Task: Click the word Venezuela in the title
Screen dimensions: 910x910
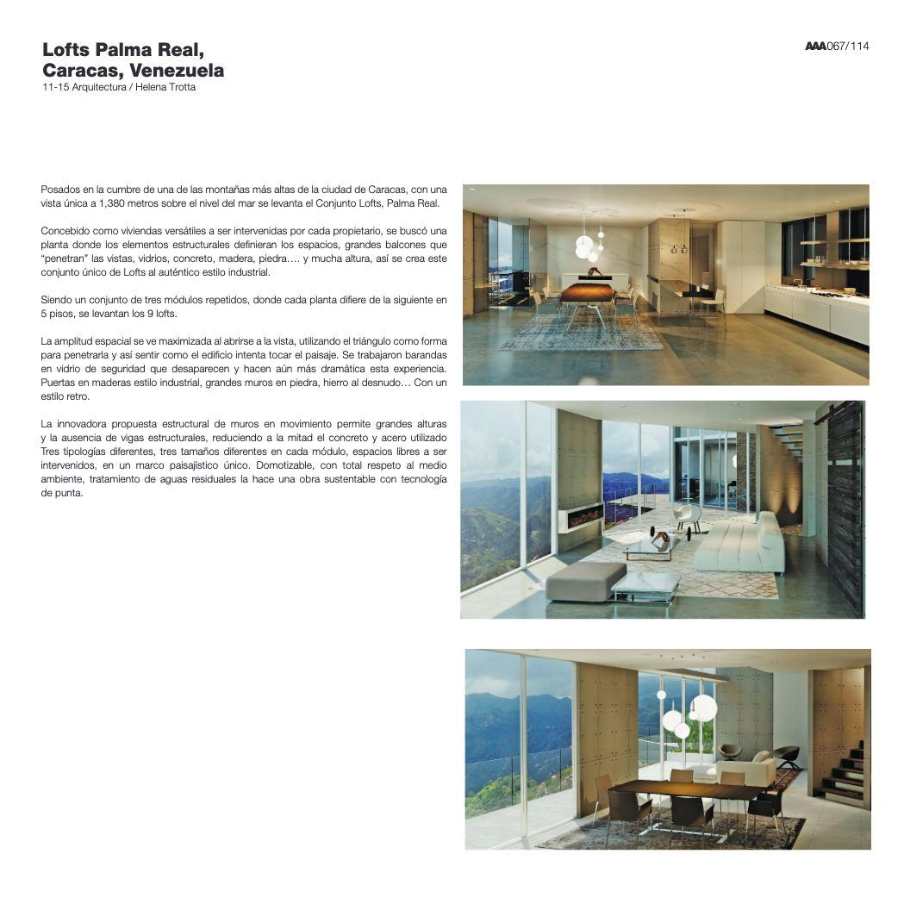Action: coord(176,70)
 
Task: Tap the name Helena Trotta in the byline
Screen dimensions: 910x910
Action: coord(166,87)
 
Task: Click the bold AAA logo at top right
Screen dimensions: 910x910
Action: coord(814,47)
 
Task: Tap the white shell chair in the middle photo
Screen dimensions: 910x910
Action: coord(687,516)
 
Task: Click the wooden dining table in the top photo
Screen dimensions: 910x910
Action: coord(588,294)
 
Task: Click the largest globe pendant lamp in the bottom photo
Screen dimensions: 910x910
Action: coord(703,707)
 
